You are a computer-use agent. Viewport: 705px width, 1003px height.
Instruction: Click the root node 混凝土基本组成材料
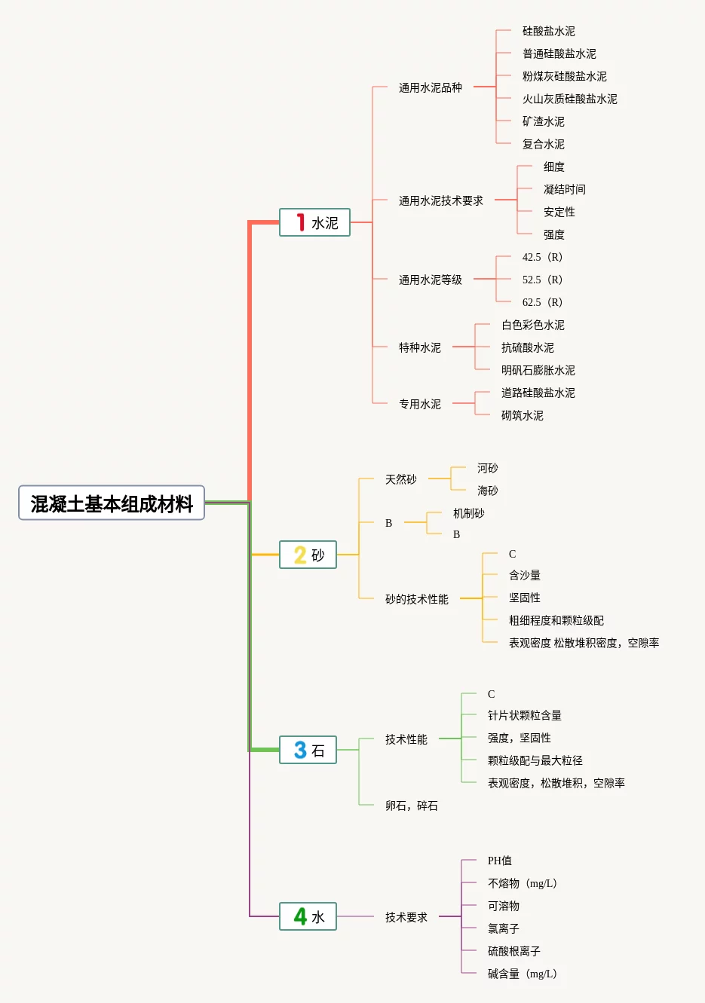click(x=112, y=503)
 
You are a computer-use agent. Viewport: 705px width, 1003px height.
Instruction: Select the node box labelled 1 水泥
click(x=314, y=222)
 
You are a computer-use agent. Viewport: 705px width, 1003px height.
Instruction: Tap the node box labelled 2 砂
click(x=308, y=555)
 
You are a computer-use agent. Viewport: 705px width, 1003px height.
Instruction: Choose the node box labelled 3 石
click(x=308, y=750)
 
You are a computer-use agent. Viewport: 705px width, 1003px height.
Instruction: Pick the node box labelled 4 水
click(x=308, y=916)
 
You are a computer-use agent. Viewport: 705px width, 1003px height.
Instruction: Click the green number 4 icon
click(x=300, y=916)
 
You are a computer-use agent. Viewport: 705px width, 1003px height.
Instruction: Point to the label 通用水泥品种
click(x=430, y=88)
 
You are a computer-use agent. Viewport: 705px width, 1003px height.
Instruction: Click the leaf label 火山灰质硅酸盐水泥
click(x=569, y=99)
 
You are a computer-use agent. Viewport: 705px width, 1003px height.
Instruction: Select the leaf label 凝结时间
click(x=564, y=190)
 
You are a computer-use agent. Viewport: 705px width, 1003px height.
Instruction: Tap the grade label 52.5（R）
click(x=542, y=280)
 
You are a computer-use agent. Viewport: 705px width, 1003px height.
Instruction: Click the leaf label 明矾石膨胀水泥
click(x=538, y=371)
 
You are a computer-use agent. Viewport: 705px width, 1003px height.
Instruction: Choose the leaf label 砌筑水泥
click(x=522, y=416)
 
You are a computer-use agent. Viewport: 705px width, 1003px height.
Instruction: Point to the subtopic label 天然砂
click(x=400, y=479)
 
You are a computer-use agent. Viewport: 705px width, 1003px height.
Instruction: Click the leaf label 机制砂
click(x=468, y=514)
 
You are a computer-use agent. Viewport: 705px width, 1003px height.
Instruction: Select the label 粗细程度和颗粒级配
click(x=556, y=621)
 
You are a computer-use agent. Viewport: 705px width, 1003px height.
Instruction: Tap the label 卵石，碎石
click(x=411, y=806)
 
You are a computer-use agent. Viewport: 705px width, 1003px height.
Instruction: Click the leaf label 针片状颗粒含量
click(x=524, y=716)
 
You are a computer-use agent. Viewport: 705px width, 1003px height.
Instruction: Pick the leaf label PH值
click(x=499, y=861)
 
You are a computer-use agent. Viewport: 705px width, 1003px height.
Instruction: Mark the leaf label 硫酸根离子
click(x=513, y=951)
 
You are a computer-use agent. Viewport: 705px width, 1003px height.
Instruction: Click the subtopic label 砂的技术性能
click(x=416, y=600)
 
